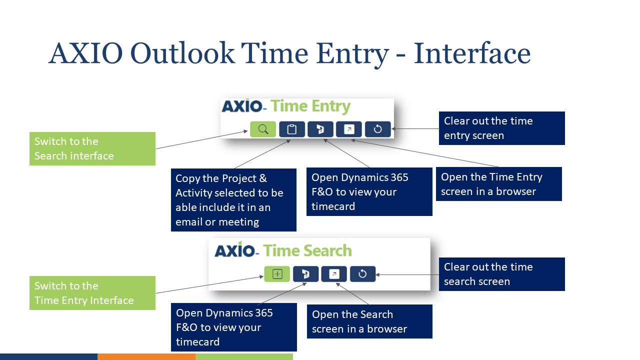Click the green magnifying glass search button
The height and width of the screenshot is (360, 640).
263,129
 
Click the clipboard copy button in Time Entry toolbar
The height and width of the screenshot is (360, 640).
292,129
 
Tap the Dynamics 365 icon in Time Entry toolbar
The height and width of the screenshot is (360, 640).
320,129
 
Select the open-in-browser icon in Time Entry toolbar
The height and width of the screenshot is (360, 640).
349,129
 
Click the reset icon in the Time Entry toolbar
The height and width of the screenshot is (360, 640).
377,129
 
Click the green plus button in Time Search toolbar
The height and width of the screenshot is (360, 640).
277,274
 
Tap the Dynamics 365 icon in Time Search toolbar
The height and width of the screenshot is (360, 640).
305,274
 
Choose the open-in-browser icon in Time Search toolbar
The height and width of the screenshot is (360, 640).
334,274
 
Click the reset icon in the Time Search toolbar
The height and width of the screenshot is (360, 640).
362,274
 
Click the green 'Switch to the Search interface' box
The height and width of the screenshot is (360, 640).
92,148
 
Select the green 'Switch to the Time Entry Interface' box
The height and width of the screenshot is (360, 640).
92,293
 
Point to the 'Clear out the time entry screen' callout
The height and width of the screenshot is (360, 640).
501,128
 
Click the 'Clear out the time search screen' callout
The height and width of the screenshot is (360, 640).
501,274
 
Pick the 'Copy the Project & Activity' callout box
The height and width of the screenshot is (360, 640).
233,200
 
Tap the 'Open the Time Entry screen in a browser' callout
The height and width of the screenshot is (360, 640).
498,184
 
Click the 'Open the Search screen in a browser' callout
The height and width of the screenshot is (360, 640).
369,321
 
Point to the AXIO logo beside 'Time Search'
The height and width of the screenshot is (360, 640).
235,250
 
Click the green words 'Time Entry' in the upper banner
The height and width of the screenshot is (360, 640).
310,106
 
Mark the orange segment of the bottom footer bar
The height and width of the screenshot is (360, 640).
146,356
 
